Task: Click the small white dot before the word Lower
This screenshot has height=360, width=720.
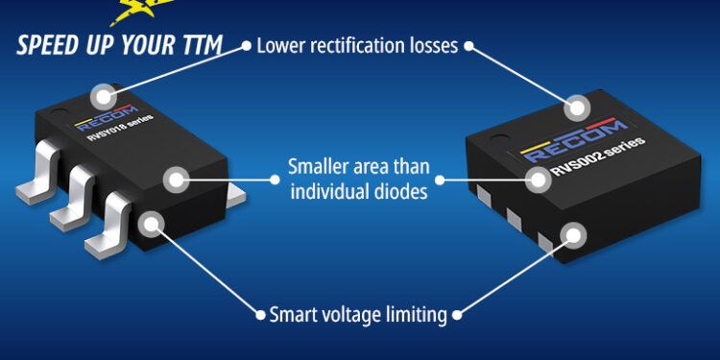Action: coord(247,45)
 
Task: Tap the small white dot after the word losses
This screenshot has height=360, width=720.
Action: coord(468,45)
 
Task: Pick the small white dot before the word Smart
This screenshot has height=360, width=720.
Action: coord(260,315)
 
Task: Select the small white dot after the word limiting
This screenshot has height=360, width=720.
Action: coord(456,315)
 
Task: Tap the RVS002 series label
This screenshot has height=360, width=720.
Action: coord(598,156)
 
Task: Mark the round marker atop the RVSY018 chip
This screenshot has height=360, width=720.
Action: coord(104,96)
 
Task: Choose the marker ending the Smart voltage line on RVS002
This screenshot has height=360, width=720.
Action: coord(573,234)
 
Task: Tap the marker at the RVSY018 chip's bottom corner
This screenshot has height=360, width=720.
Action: coord(151,224)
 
